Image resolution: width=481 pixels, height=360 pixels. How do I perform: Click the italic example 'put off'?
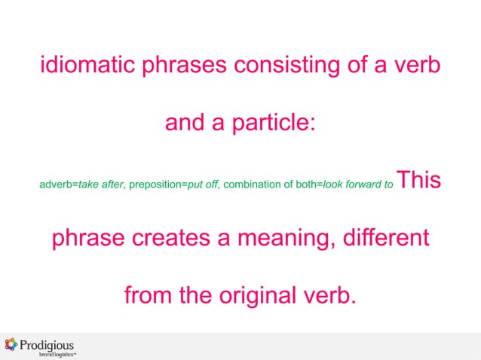pos(203,184)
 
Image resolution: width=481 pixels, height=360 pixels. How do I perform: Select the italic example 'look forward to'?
pos(357,184)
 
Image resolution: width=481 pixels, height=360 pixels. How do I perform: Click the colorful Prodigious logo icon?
pos(11,345)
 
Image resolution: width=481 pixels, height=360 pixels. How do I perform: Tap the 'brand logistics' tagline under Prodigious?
pos(57,354)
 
